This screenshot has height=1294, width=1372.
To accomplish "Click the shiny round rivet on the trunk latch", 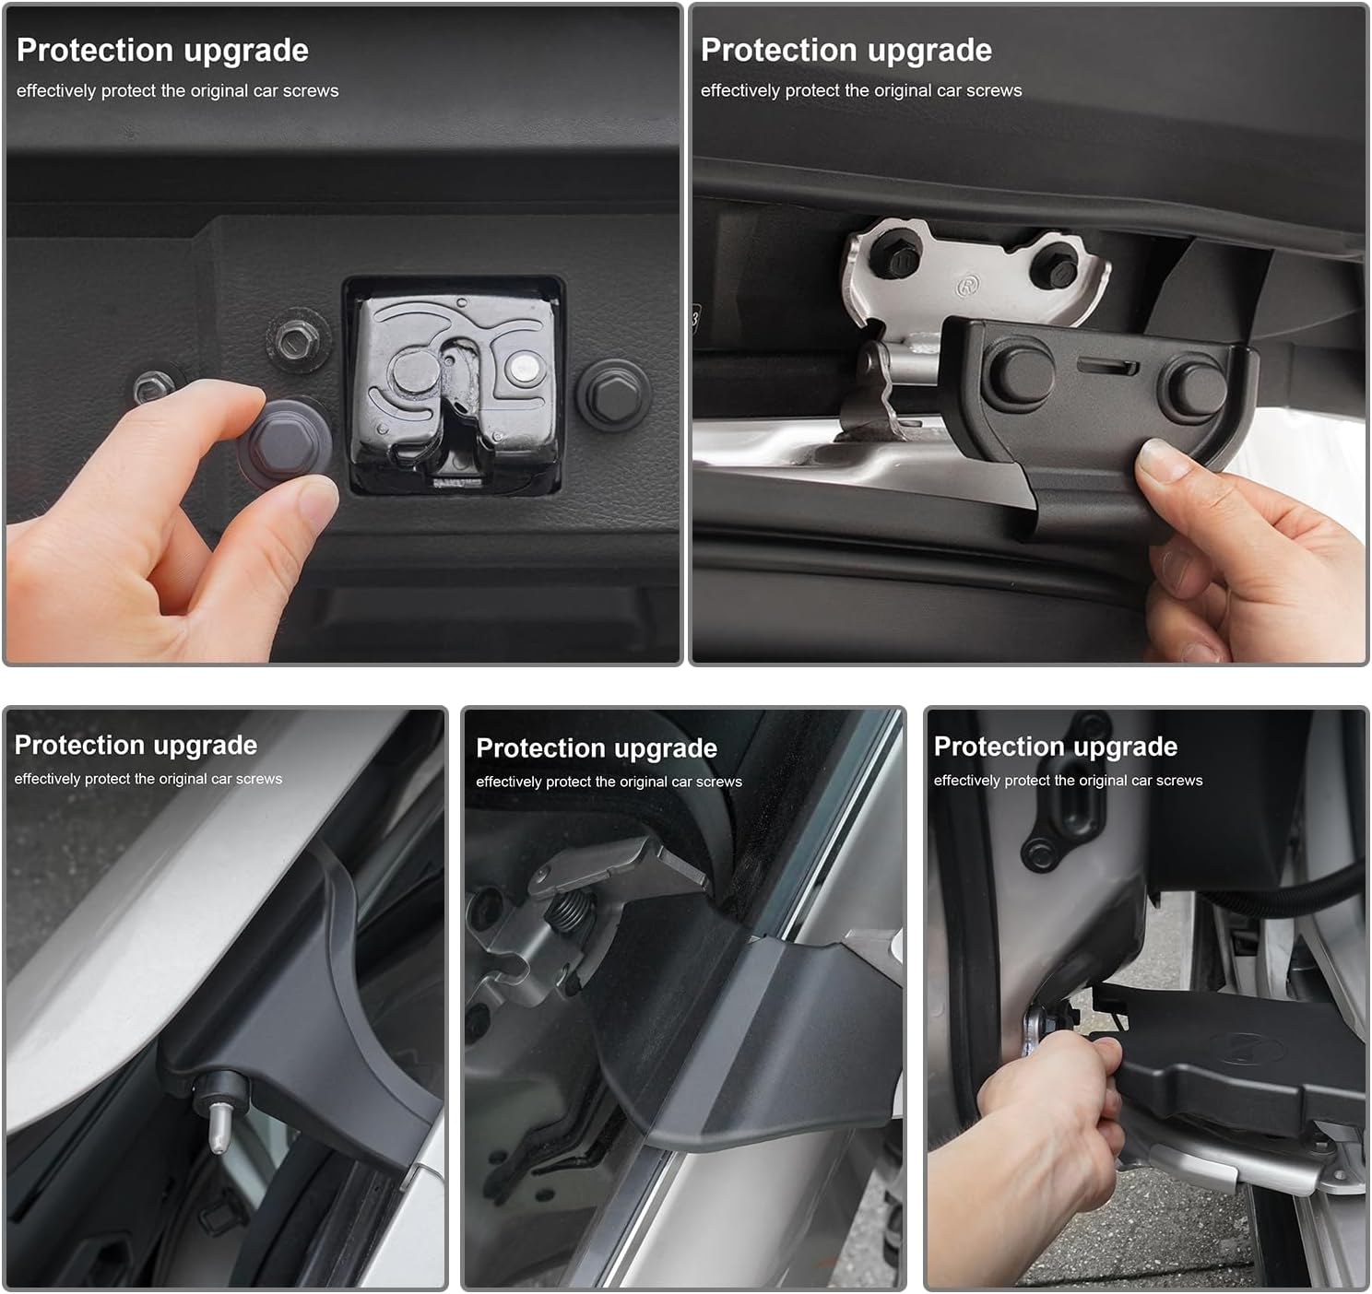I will (x=525, y=368).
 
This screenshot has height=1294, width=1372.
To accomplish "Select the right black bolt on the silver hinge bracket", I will (x=1055, y=271).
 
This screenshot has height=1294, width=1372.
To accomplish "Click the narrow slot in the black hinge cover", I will (x=1107, y=367).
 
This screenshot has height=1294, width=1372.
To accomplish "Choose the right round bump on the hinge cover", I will (x=1193, y=386).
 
